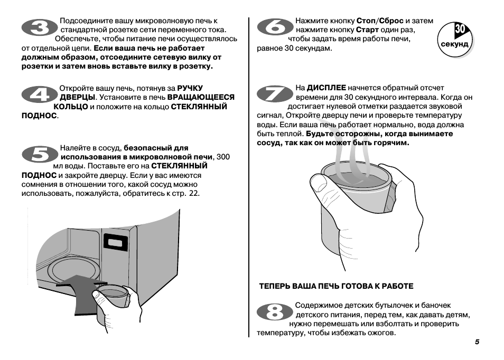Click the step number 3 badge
[39, 28]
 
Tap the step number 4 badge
[39, 95]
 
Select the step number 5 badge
[39, 155]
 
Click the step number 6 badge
[275, 28]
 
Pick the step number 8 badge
[275, 312]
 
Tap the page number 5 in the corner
[477, 342]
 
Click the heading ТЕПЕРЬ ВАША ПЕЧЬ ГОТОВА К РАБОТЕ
[336, 286]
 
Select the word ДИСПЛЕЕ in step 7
[326, 88]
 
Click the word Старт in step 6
[368, 30]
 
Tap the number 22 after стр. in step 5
[194, 193]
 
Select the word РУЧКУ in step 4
[190, 88]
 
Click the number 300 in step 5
[223, 157]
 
